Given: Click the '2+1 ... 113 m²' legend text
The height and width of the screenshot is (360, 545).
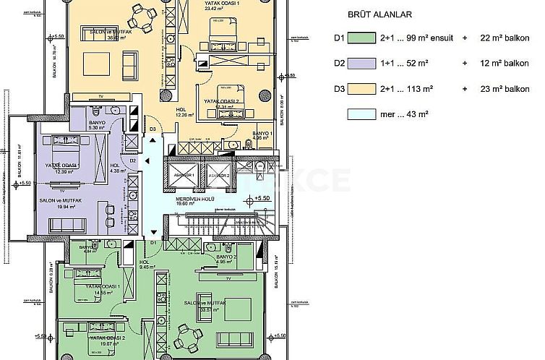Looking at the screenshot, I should pyautogui.click(x=407, y=88).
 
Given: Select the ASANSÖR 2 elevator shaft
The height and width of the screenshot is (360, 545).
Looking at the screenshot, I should pyautogui.click(x=220, y=175).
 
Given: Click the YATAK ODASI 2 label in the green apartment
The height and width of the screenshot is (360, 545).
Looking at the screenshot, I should pyautogui.click(x=107, y=338).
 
